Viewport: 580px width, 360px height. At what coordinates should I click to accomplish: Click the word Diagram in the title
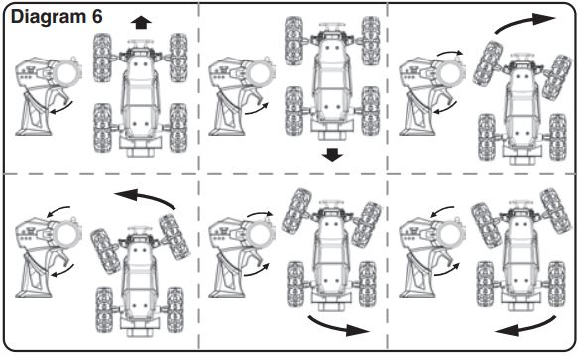pyautogui.click(x=49, y=18)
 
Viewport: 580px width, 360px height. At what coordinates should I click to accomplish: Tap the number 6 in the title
pyautogui.click(x=97, y=16)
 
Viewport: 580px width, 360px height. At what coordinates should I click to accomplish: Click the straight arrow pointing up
pyautogui.click(x=141, y=23)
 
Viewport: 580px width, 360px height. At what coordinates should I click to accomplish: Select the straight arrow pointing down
pyautogui.click(x=332, y=155)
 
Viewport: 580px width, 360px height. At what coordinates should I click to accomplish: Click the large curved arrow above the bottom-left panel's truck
pyautogui.click(x=146, y=195)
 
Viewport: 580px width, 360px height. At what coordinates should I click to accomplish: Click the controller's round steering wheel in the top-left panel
pyautogui.click(x=66, y=74)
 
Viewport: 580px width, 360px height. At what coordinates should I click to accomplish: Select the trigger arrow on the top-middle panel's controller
pyautogui.click(x=257, y=109)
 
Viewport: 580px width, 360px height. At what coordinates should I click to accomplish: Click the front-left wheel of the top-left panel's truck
pyautogui.click(x=102, y=58)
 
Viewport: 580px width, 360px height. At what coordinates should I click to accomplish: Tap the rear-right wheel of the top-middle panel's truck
pyautogui.click(x=370, y=111)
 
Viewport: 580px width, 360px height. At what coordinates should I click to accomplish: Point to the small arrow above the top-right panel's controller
pyautogui.click(x=449, y=53)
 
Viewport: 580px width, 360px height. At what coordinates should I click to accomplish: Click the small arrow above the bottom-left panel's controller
pyautogui.click(x=58, y=211)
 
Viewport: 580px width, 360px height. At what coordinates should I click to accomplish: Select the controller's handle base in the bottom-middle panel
pyautogui.click(x=226, y=294)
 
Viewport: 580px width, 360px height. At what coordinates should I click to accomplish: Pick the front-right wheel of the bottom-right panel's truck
pyautogui.click(x=555, y=211)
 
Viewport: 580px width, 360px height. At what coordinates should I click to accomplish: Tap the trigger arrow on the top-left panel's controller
pyautogui.click(x=61, y=108)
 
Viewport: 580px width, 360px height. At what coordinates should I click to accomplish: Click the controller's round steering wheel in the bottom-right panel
pyautogui.click(x=450, y=235)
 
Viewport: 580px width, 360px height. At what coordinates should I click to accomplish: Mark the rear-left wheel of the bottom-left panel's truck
pyautogui.click(x=104, y=310)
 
